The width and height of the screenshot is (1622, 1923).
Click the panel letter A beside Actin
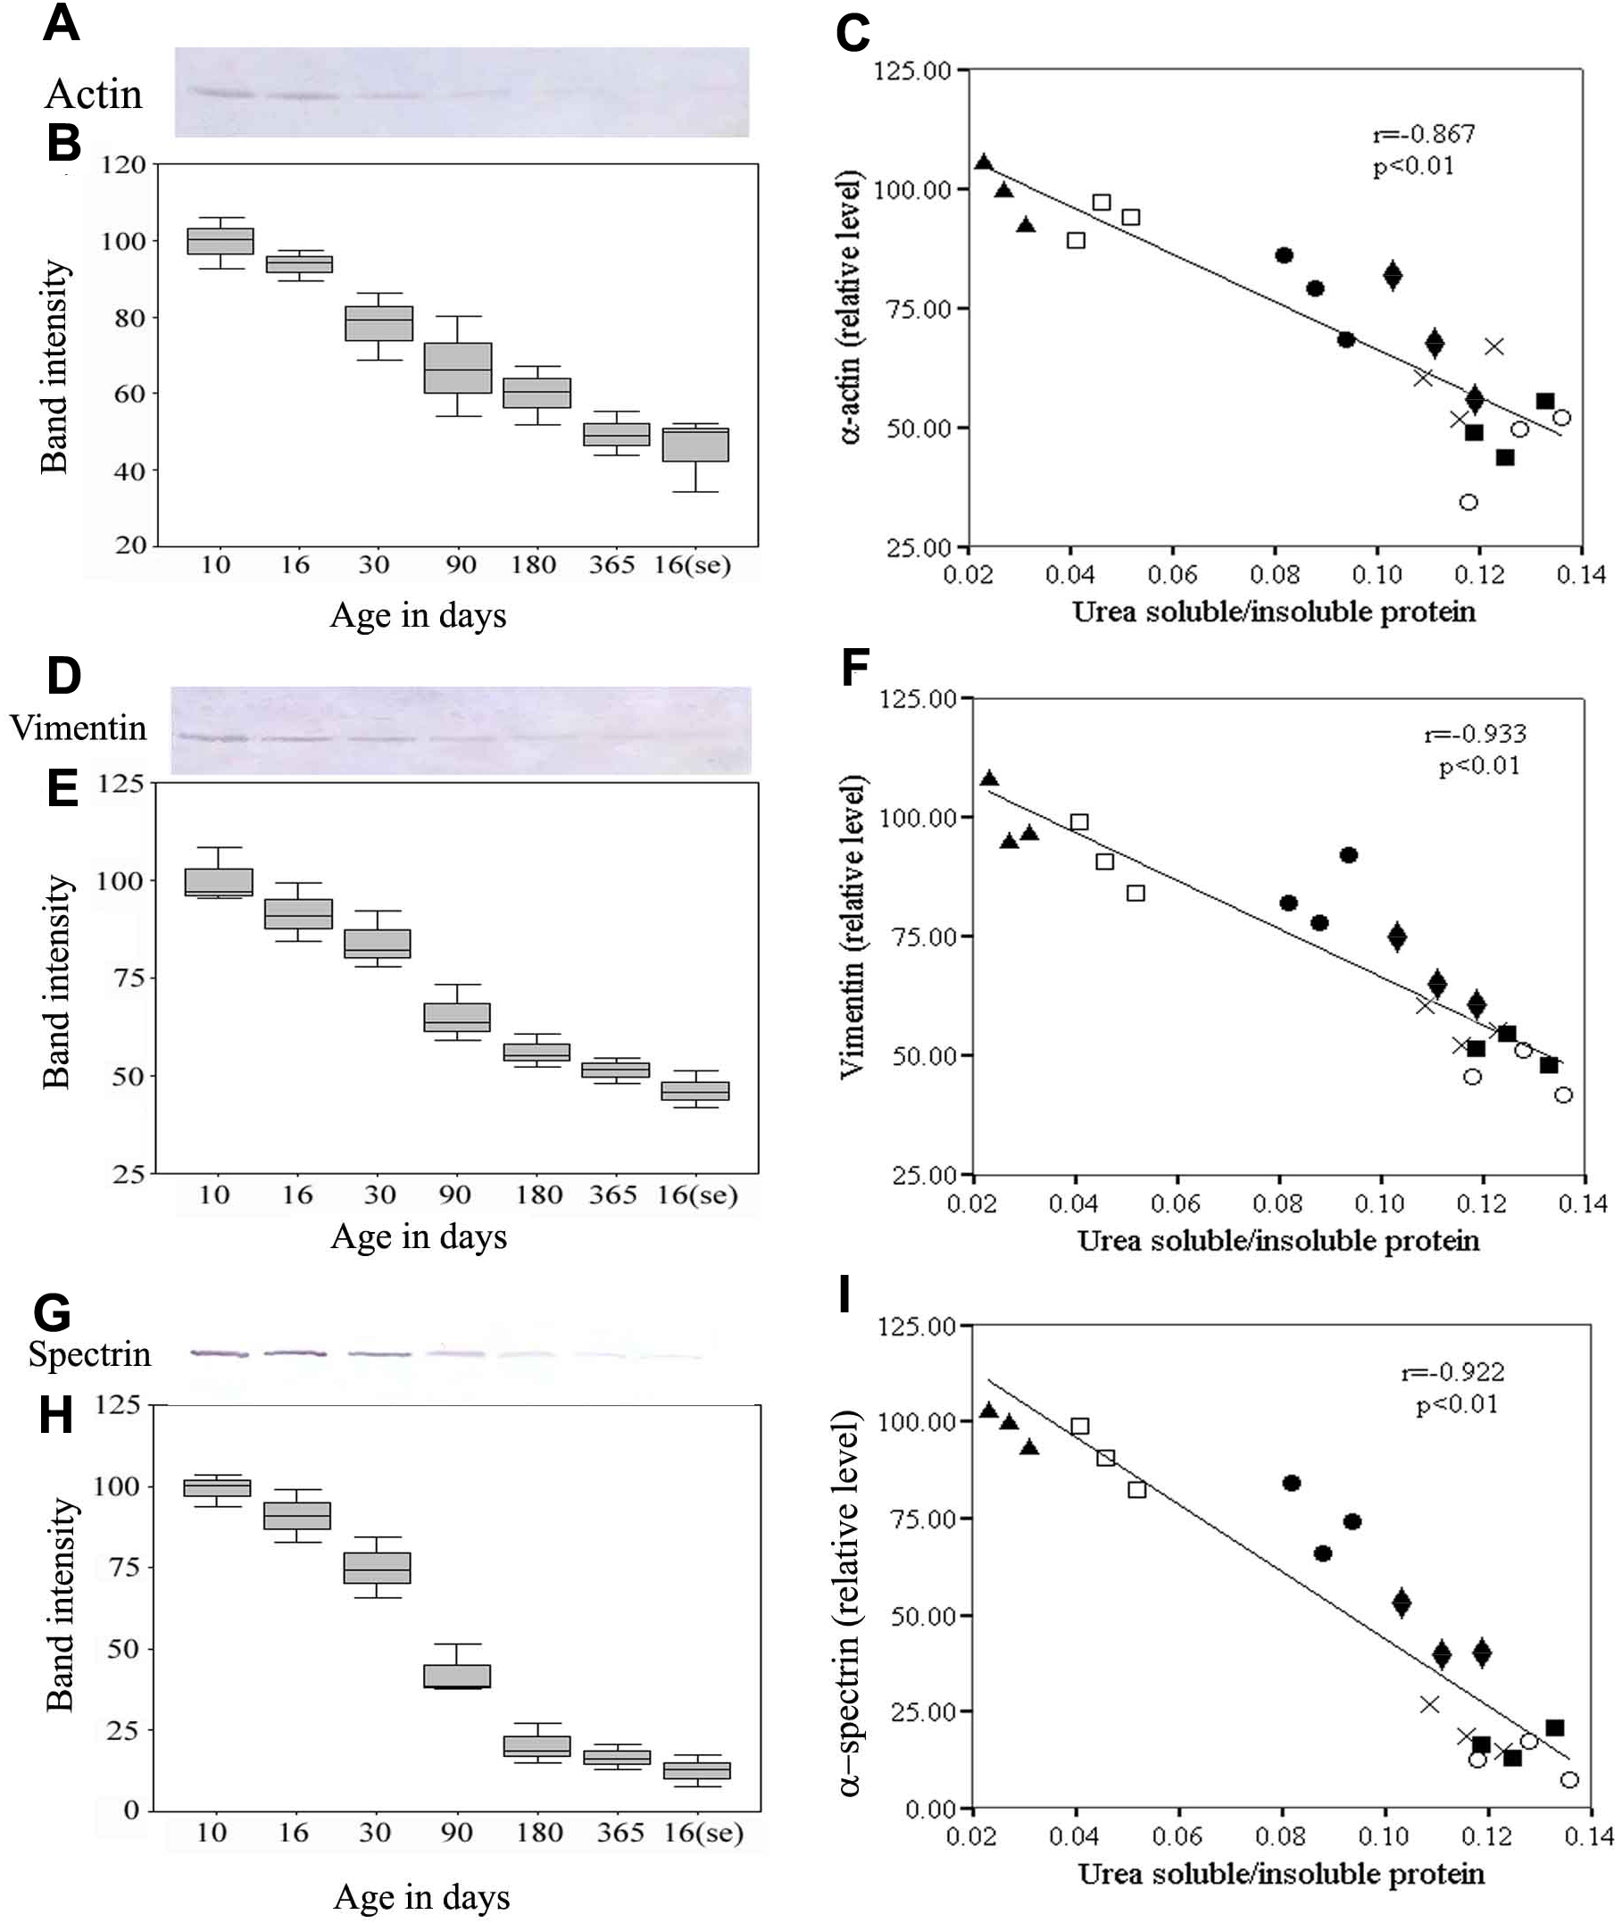(x=62, y=22)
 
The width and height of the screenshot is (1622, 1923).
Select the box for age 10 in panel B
(x=220, y=241)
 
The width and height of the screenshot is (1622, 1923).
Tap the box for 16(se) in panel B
(x=696, y=445)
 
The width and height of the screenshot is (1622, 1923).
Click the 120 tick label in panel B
(x=123, y=165)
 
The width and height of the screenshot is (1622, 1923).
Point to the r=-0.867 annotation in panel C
(x=1424, y=134)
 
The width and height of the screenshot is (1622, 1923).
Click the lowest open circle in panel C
(x=1468, y=502)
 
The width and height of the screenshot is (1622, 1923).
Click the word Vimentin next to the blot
(x=79, y=728)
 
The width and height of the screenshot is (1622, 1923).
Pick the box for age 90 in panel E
(x=457, y=1017)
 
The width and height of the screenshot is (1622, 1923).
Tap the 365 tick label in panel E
(x=612, y=1195)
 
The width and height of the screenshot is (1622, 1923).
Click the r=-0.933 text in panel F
(x=1475, y=734)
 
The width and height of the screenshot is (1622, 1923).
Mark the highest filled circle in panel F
(x=1349, y=855)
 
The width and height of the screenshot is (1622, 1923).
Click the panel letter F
(x=855, y=669)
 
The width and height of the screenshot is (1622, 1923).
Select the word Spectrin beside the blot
(x=89, y=1353)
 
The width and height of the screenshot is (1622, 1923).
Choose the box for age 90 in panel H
(x=457, y=1676)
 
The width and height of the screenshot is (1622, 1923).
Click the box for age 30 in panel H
(x=377, y=1568)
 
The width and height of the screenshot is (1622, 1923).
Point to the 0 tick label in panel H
(x=131, y=1810)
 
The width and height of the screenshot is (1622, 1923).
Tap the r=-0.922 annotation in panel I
(x=1452, y=1373)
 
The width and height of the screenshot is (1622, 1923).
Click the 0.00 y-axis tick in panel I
(x=930, y=1810)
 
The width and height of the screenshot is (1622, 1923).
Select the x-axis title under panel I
(x=1281, y=1873)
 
